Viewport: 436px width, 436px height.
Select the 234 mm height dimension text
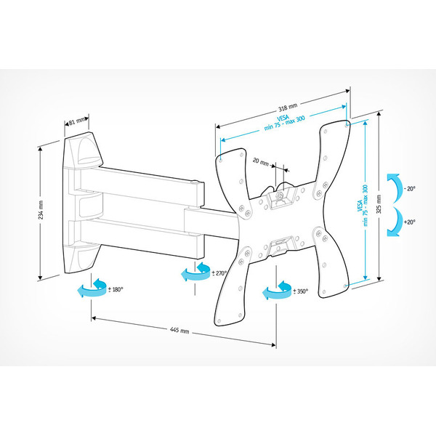[41, 211]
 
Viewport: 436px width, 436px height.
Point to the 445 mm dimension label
[179, 331]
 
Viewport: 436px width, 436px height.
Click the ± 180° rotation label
[116, 289]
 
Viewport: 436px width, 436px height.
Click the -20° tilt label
[410, 189]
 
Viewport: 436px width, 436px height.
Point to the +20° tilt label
[410, 222]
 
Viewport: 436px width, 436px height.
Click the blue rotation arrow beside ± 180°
[90, 291]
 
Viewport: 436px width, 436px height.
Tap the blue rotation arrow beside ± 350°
[276, 291]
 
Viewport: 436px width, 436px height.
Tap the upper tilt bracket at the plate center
[280, 195]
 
